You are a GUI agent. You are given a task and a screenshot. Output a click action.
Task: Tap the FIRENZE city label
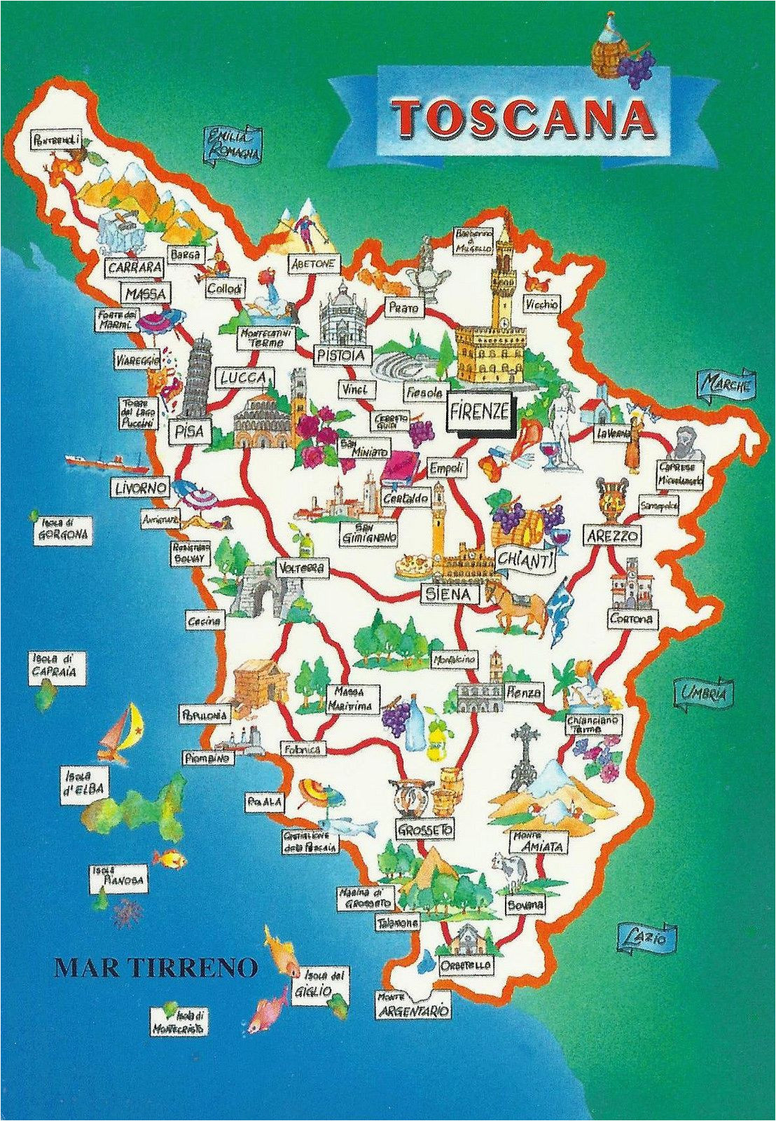480,411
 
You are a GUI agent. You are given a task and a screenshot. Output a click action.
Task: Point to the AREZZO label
611,536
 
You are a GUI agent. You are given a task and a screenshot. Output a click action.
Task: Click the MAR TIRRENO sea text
155,968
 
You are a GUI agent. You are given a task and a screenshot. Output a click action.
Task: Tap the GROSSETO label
423,830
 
